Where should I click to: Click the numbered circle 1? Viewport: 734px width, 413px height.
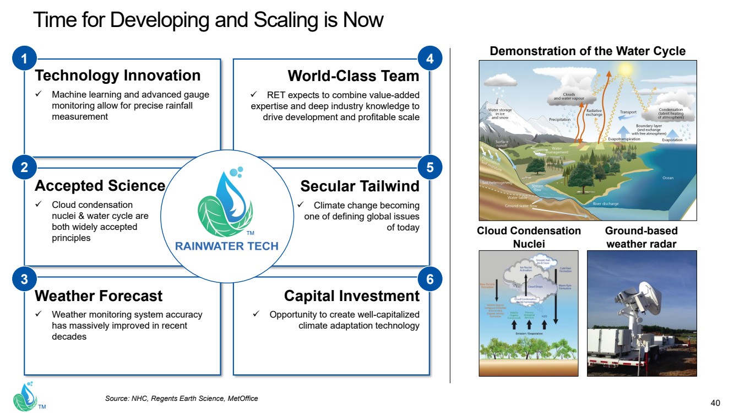click(24, 59)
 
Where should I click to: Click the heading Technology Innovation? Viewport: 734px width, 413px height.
click(117, 76)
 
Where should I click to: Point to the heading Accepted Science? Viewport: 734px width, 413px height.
click(100, 186)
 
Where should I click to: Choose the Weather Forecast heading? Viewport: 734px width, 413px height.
click(99, 296)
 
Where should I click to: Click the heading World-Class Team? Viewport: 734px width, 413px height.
click(354, 76)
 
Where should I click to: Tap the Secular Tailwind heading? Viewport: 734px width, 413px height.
click(360, 186)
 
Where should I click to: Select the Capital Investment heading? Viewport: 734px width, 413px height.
click(351, 296)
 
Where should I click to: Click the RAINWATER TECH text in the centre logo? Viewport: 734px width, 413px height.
click(227, 246)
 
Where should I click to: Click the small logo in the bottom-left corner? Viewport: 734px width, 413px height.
click(25, 396)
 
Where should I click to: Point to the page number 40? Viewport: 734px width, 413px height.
click(716, 402)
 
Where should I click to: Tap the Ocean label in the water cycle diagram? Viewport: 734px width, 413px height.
click(667, 178)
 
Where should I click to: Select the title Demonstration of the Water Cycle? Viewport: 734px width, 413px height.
click(588, 51)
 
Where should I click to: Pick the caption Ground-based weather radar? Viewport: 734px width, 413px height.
click(641, 237)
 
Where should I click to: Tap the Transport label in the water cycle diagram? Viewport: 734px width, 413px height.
click(628, 112)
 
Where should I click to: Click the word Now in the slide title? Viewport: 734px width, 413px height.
click(363, 20)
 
